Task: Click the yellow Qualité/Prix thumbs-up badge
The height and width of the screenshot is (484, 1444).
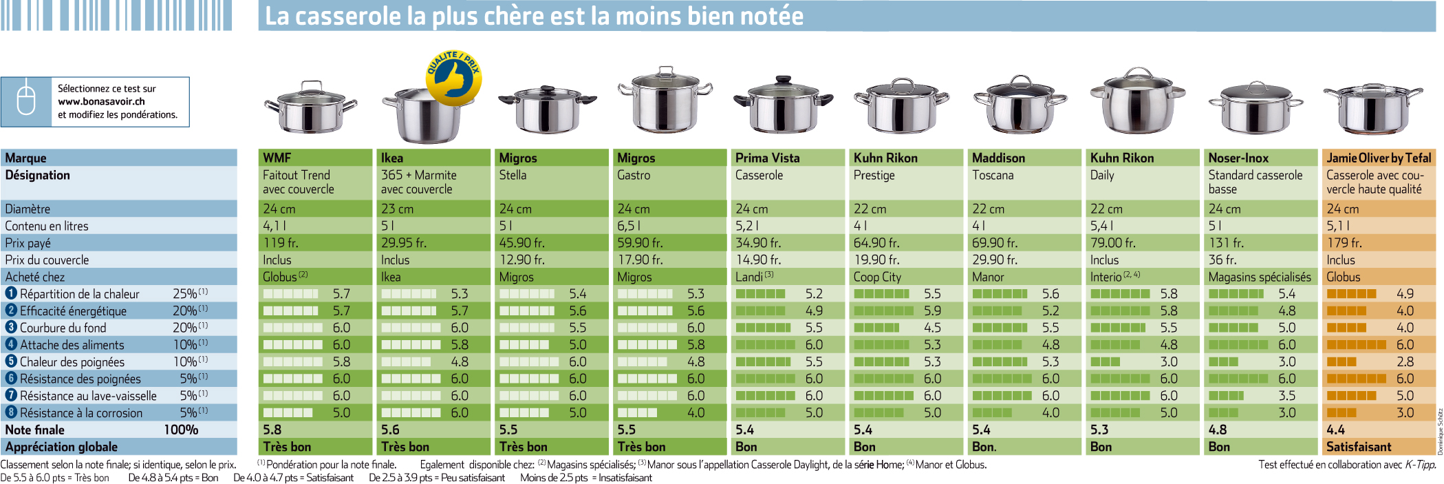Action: pos(453,78)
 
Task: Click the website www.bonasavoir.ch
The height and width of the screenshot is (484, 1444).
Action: pos(101,101)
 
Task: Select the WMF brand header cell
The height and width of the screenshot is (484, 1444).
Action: pos(315,158)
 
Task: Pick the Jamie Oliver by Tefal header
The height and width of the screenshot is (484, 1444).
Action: pos(1379,158)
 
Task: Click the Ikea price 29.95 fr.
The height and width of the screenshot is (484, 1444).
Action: pos(404,243)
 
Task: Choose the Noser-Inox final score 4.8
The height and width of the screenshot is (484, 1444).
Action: pos(1218,430)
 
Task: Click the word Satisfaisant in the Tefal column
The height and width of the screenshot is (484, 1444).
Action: pos(1359,447)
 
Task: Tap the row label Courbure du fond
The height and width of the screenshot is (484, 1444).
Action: pos(63,328)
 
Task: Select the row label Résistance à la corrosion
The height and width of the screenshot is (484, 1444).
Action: pos(81,413)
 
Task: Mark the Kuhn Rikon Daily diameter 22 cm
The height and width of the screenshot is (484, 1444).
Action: pos(1106,209)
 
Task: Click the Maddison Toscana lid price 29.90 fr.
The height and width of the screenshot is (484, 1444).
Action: pos(995,260)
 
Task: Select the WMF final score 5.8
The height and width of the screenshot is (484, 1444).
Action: pos(272,430)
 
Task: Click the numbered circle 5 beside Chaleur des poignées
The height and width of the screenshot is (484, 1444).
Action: pos(11,361)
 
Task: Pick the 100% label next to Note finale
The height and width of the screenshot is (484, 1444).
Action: pos(181,430)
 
